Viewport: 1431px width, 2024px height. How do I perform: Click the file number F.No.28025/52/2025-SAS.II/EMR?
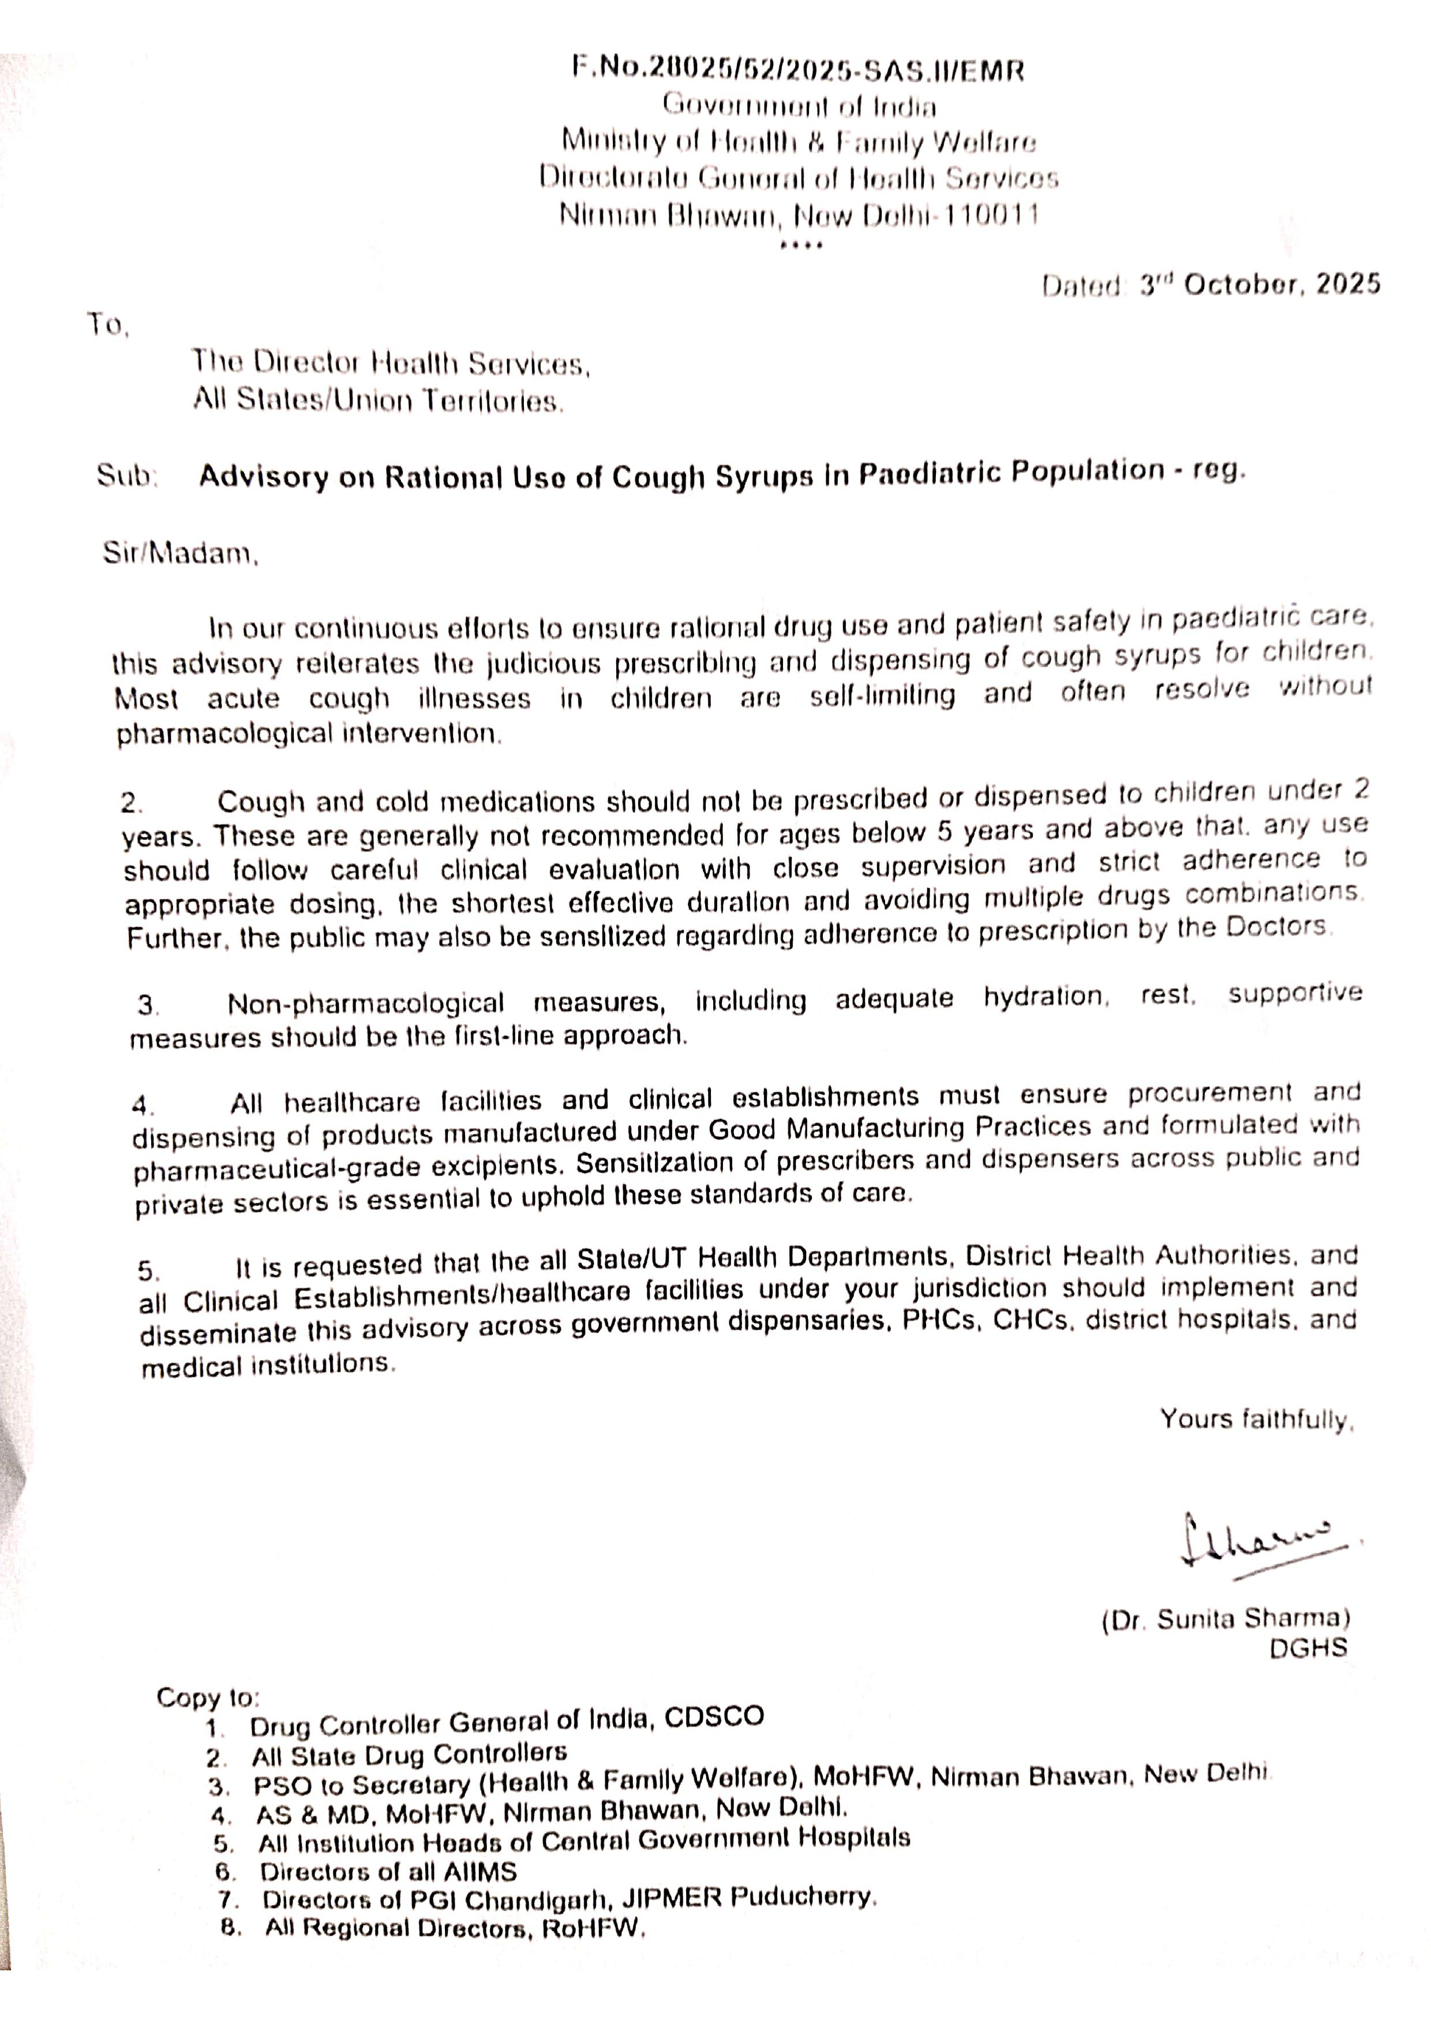tap(798, 70)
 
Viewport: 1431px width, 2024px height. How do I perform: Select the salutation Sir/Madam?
tap(181, 554)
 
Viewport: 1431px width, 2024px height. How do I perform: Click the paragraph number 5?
tap(148, 1270)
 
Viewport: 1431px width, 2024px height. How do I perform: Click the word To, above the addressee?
tap(108, 325)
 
